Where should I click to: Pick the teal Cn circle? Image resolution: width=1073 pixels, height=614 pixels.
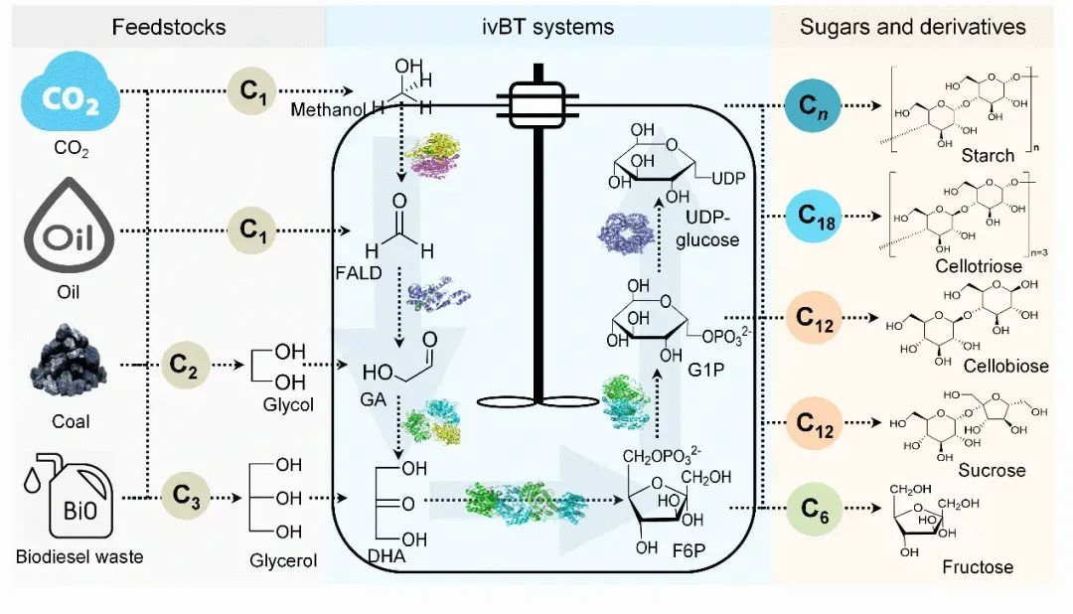point(814,104)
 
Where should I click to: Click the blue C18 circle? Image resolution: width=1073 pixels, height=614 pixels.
point(814,214)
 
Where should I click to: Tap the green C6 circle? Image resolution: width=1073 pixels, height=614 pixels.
point(815,510)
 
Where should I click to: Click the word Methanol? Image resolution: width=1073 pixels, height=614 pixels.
point(321,109)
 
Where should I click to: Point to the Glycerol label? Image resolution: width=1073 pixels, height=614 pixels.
point(283,561)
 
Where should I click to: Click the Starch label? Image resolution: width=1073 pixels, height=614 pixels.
point(988,156)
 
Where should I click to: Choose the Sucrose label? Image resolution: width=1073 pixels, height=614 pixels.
point(991,469)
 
